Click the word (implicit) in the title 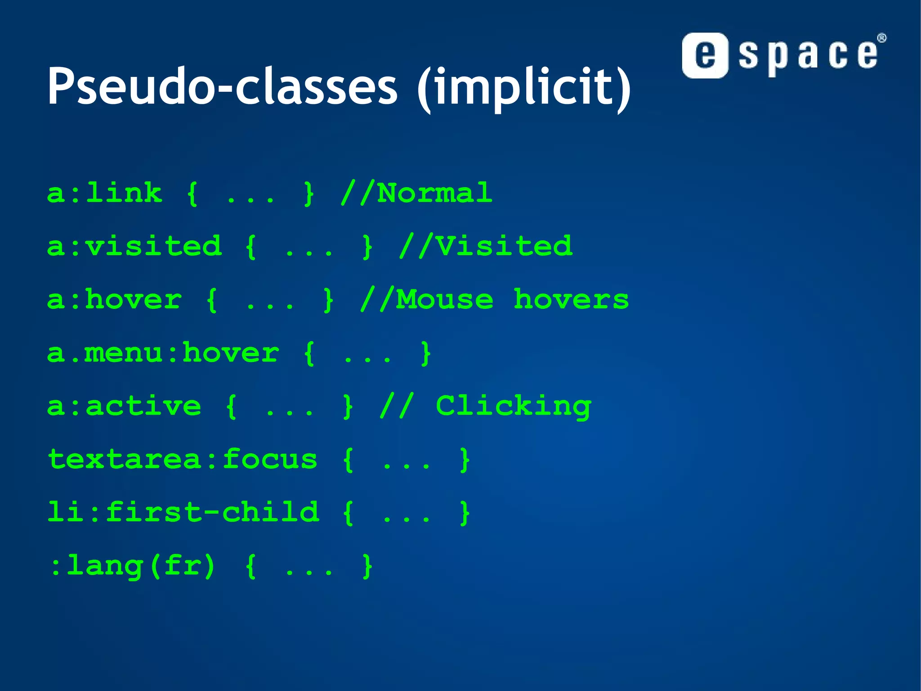click(524, 88)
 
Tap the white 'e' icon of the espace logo click(705, 55)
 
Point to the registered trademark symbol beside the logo click(881, 38)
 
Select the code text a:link click(104, 194)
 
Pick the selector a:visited click(134, 247)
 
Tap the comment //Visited click(486, 247)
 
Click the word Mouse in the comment click(444, 300)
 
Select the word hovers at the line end click(571, 300)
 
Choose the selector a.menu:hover click(163, 353)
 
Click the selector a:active click(124, 406)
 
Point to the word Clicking click(514, 406)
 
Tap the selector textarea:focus click(183, 460)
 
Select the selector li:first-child click(183, 513)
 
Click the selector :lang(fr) click(133, 566)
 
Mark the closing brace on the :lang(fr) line click(367, 566)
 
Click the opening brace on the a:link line click(192, 194)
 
